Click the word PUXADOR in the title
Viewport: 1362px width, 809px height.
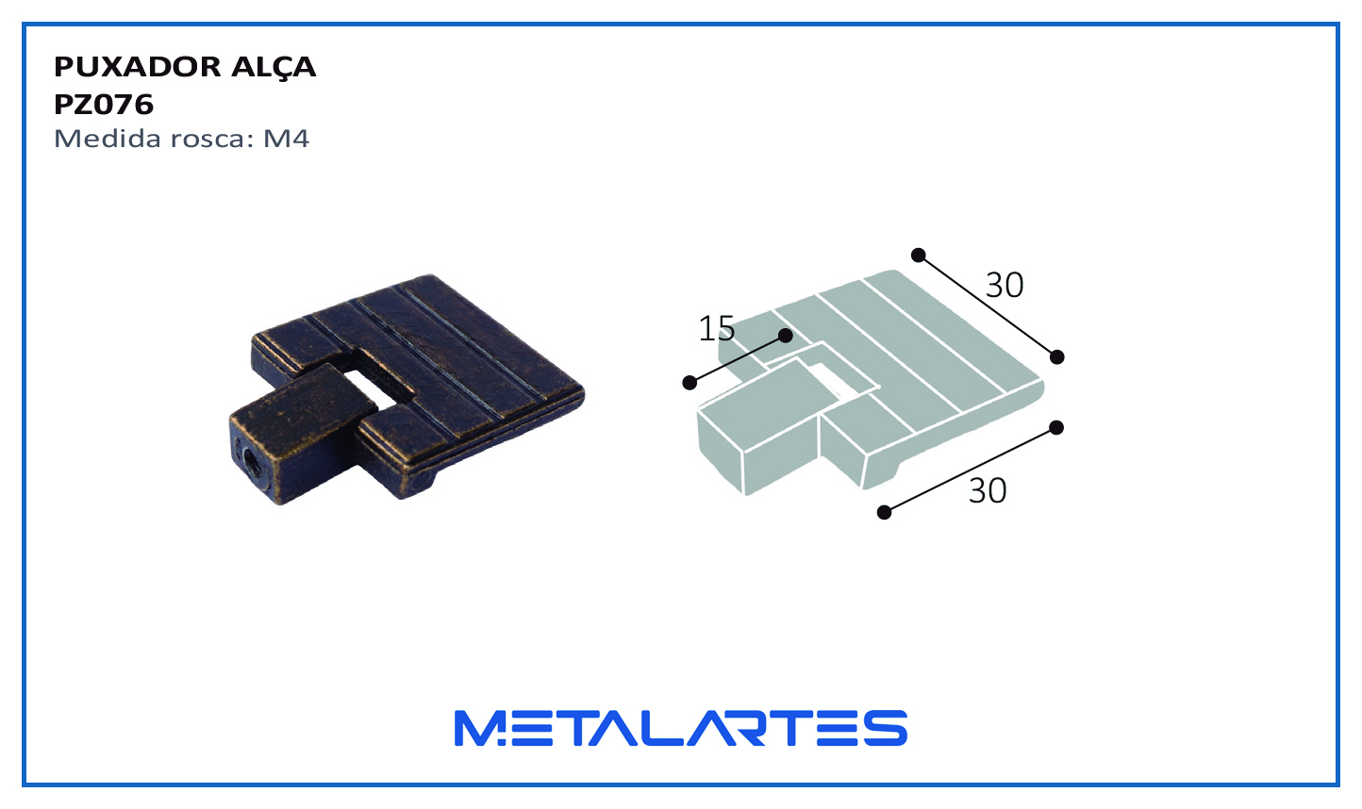tap(138, 67)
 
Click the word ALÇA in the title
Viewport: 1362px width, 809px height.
tap(274, 68)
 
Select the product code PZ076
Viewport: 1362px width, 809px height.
tap(104, 105)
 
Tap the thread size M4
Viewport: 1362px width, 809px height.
tap(286, 139)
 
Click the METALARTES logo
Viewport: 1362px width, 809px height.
tap(680, 728)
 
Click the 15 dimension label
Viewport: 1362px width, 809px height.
tap(716, 328)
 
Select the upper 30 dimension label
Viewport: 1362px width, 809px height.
tap(1005, 285)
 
